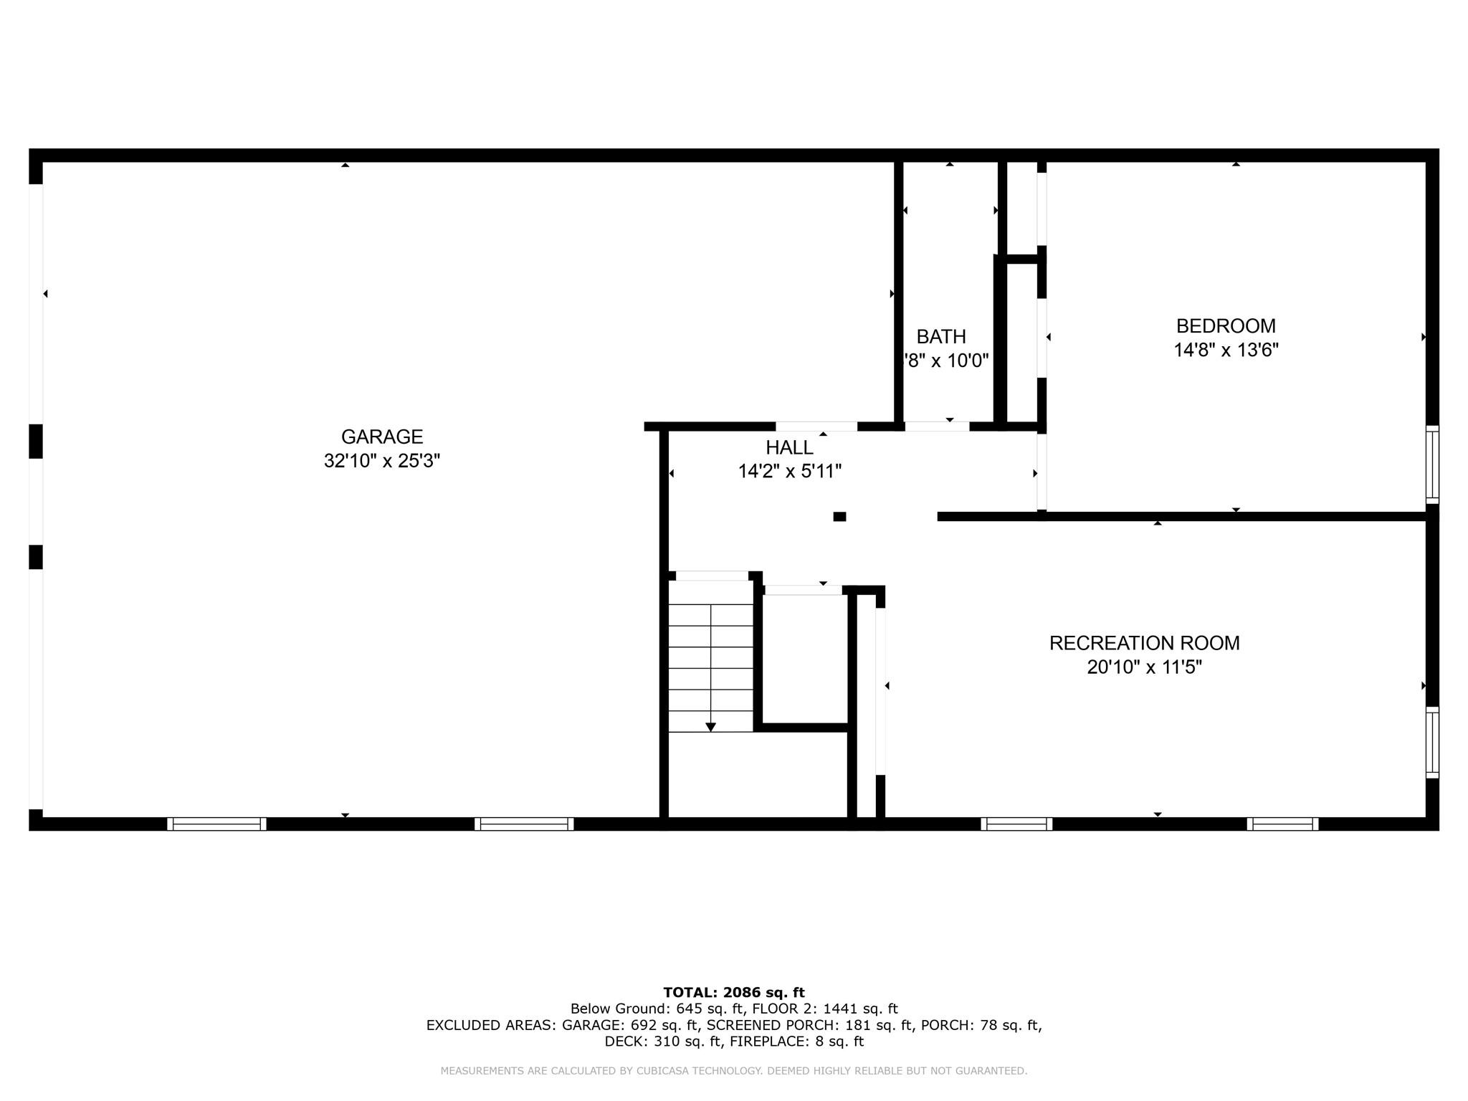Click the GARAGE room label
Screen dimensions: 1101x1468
(x=381, y=437)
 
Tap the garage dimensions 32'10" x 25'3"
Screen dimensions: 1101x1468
(x=381, y=461)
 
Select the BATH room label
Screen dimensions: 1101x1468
(x=940, y=336)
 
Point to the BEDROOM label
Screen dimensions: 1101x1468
(x=1226, y=326)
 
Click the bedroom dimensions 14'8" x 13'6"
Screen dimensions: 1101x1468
(x=1226, y=351)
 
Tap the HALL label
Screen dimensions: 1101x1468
(x=789, y=447)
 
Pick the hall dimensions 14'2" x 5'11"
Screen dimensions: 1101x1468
(x=789, y=472)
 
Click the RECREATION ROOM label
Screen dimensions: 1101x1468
(x=1144, y=643)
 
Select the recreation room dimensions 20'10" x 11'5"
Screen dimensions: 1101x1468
(x=1144, y=667)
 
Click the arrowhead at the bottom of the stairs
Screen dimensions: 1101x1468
(x=710, y=727)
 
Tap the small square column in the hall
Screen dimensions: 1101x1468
(x=839, y=516)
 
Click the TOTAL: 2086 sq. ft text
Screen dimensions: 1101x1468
(x=734, y=993)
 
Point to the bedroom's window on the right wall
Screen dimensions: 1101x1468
(x=1431, y=464)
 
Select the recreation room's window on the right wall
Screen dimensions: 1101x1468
(x=1431, y=742)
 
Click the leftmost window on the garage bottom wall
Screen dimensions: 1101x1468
(x=216, y=824)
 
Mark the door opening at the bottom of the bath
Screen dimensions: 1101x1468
(x=937, y=426)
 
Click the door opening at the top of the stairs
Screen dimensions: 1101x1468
(x=712, y=576)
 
